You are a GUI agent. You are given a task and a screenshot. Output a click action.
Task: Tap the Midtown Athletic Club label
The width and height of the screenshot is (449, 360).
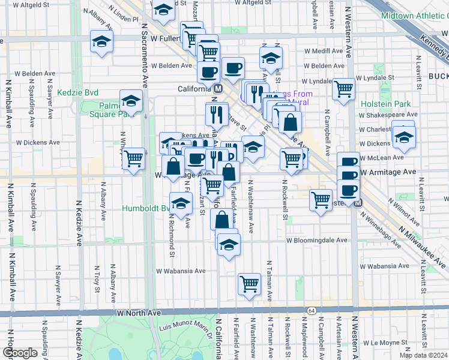pos(415,15)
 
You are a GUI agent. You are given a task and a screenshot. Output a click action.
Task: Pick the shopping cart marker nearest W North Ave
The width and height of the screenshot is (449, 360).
pos(249,284)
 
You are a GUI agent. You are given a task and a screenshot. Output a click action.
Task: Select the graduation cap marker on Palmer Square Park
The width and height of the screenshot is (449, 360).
pos(131,100)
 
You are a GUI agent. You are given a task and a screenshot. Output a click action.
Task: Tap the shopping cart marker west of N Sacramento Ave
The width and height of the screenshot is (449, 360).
pos(134,159)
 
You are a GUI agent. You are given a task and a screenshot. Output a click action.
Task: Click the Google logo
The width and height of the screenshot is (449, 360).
pos(20,353)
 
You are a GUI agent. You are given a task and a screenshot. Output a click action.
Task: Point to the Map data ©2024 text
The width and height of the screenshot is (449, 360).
pos(423,355)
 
